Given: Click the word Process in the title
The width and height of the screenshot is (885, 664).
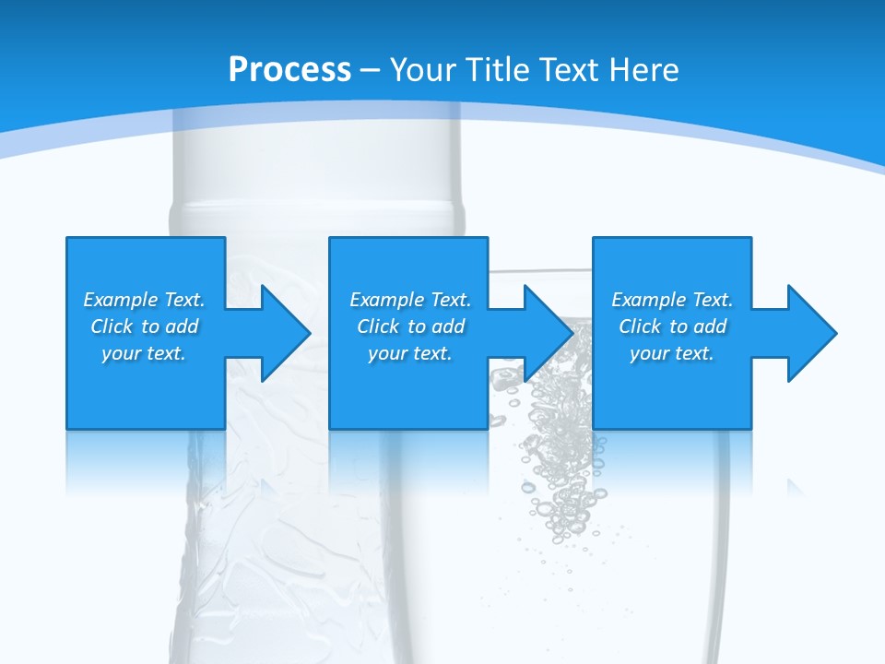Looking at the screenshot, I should pyautogui.click(x=289, y=70).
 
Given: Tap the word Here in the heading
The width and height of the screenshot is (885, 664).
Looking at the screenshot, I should pyautogui.click(x=643, y=70).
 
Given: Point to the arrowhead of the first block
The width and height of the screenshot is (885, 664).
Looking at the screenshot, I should pyautogui.click(x=286, y=333).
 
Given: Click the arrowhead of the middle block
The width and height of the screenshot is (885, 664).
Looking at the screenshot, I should pyautogui.click(x=549, y=333).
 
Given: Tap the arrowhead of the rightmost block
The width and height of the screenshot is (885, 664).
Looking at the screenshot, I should pyautogui.click(x=811, y=333).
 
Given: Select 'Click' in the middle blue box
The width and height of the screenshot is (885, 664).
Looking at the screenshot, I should pyautogui.click(x=377, y=326).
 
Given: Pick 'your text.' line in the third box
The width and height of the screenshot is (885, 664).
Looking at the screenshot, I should pyautogui.click(x=671, y=353).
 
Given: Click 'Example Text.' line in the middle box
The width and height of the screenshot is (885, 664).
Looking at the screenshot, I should pyautogui.click(x=409, y=300).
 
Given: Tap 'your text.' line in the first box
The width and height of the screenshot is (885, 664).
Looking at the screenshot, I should pyautogui.click(x=144, y=353).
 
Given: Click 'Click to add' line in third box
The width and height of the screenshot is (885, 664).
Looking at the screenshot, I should pyautogui.click(x=672, y=326).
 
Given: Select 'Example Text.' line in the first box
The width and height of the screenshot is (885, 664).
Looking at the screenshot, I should pyautogui.click(x=144, y=300).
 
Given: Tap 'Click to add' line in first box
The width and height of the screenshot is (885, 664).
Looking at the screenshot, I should pyautogui.click(x=144, y=326).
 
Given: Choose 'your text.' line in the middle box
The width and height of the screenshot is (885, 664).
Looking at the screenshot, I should pyautogui.click(x=409, y=353).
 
